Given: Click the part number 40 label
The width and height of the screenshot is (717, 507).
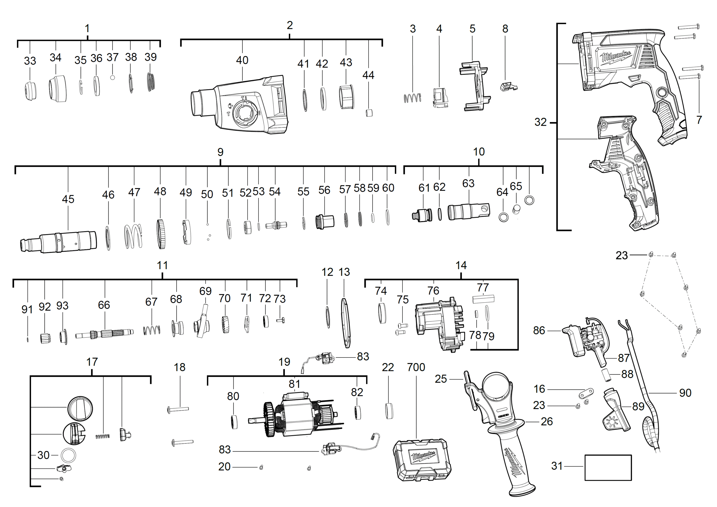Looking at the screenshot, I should click(x=242, y=60).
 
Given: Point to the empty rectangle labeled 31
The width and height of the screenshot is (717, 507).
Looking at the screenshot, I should click(x=608, y=467).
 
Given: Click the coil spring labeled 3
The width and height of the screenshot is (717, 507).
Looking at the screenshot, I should click(x=412, y=98).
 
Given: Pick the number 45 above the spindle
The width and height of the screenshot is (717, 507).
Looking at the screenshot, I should click(x=68, y=199).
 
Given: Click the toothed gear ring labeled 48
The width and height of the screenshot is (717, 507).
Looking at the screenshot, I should click(x=161, y=234).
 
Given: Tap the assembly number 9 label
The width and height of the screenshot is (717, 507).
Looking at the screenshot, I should click(x=220, y=152).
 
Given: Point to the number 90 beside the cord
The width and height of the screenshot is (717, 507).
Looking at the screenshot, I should click(x=685, y=393).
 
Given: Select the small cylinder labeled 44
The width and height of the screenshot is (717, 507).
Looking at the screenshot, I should click(x=369, y=113).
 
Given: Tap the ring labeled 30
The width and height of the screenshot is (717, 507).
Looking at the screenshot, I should click(x=68, y=455).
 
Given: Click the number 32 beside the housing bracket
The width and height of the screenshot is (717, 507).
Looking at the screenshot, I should click(x=541, y=122).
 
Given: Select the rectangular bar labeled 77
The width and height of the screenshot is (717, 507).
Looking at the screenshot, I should click(x=483, y=299).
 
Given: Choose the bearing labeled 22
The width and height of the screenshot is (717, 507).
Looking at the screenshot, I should click(x=389, y=411).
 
